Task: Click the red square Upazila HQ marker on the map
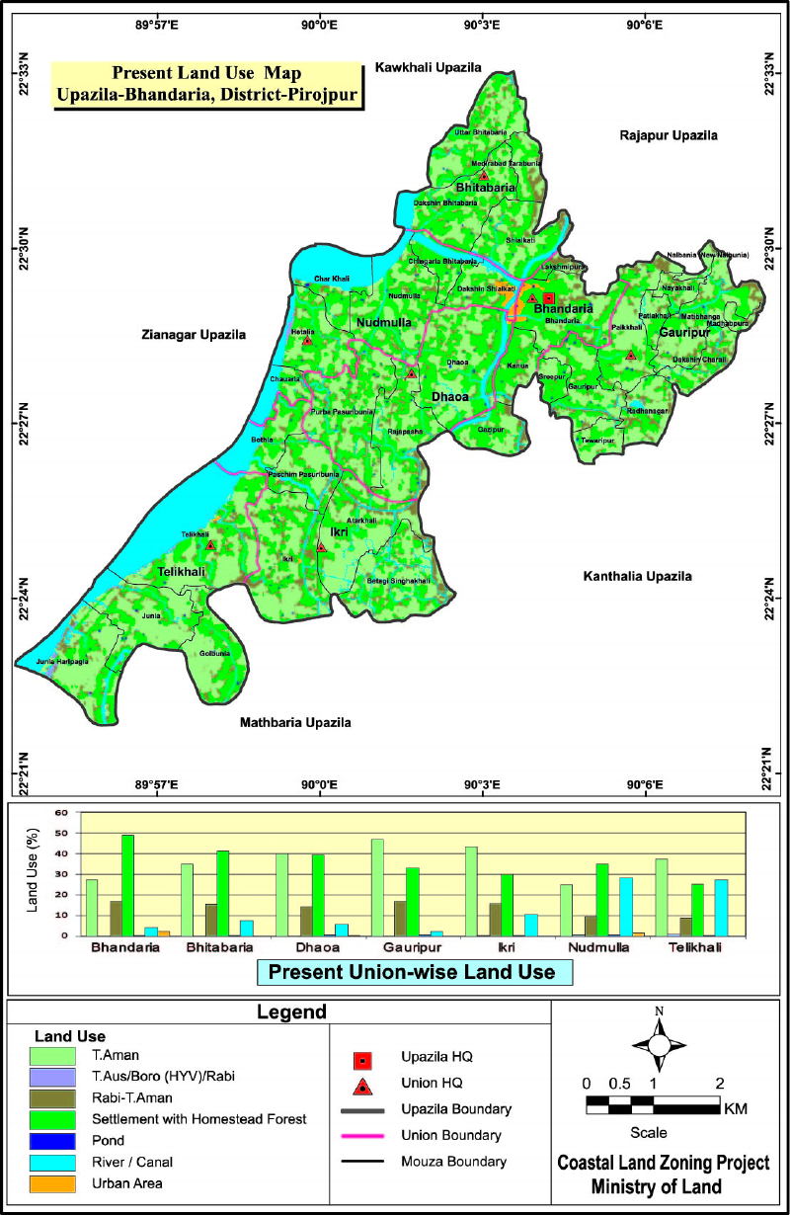point(549,298)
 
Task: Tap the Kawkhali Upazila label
point(428,68)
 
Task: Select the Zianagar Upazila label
point(193,335)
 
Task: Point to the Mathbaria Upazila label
point(295,723)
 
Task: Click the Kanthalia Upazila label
point(637,576)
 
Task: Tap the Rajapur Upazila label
point(669,135)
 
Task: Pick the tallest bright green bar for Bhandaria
point(127,885)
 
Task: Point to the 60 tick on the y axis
point(61,813)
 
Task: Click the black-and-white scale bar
point(653,1104)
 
